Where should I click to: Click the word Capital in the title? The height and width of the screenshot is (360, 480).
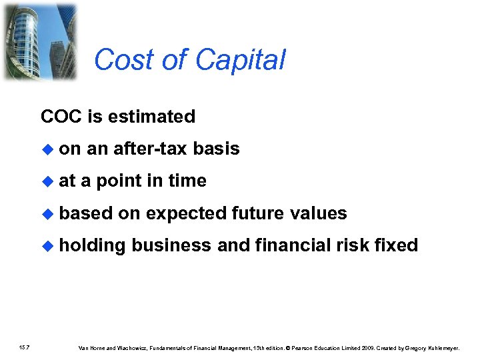pyautogui.click(x=241, y=60)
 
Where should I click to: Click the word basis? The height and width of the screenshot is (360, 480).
pyautogui.click(x=216, y=149)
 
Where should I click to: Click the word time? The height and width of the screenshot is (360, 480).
pyautogui.click(x=187, y=181)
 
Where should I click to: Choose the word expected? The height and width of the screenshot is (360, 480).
pyautogui.click(x=186, y=213)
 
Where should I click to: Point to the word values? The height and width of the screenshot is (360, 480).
pyautogui.click(x=319, y=213)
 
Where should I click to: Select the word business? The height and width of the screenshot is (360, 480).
pyautogui.click(x=172, y=245)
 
